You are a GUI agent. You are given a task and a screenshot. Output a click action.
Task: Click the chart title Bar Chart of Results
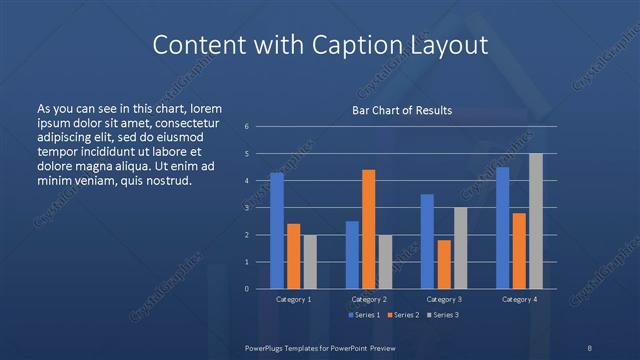click(401, 111)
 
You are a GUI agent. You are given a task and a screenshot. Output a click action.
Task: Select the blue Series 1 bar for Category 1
click(276, 231)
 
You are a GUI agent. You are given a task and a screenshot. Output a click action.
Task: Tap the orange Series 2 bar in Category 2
click(368, 229)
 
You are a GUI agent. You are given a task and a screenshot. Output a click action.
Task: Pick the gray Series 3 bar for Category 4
click(535, 221)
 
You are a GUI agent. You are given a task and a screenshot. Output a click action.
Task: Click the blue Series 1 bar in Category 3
click(427, 241)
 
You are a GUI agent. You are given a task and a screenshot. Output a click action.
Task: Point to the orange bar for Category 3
click(443, 264)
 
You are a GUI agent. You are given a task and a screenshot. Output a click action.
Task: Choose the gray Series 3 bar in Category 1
click(309, 262)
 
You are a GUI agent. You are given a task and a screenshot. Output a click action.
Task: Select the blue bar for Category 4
click(503, 228)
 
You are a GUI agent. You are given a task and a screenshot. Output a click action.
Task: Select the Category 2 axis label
click(369, 299)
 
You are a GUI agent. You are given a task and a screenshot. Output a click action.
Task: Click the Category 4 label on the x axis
click(519, 299)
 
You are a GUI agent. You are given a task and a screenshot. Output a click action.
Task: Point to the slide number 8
click(590, 347)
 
